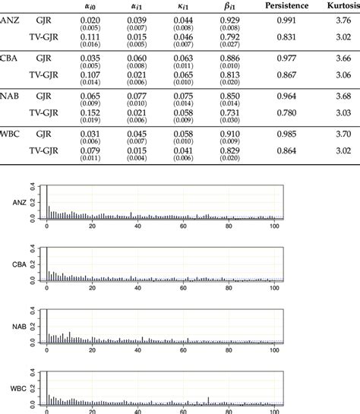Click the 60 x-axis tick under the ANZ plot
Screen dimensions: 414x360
click(x=184, y=226)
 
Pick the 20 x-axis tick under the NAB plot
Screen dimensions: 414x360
click(x=93, y=349)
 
